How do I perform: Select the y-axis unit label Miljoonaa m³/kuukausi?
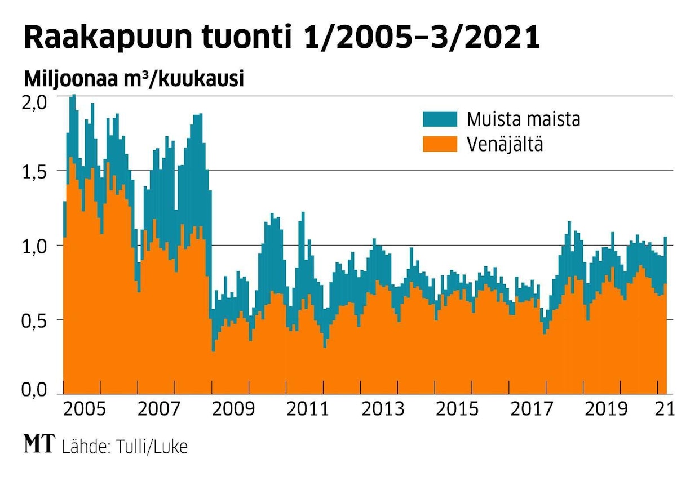[x=134, y=79]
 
